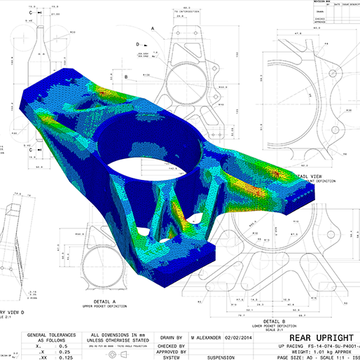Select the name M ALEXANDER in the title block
[x=211, y=336]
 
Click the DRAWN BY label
[x=171, y=336]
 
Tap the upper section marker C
[x=32, y=13]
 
